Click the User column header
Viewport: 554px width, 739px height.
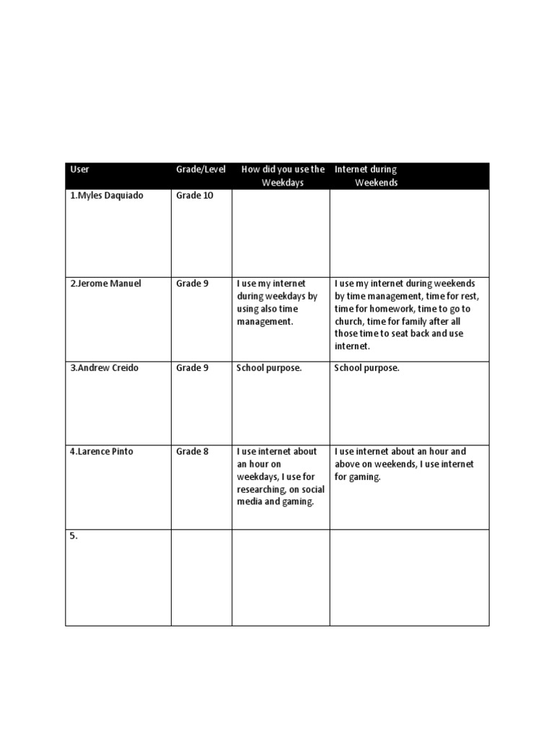click(79, 170)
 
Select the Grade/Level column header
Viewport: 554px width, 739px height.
click(201, 170)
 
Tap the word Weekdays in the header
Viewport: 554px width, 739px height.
click(282, 183)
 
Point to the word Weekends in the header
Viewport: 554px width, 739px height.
click(376, 183)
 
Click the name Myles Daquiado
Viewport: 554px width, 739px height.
click(109, 196)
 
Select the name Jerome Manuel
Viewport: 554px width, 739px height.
click(107, 284)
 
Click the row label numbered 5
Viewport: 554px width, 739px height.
click(74, 536)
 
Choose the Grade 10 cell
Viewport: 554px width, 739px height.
click(195, 196)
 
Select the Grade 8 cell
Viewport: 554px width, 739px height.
click(192, 452)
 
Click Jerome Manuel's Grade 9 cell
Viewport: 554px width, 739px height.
click(192, 284)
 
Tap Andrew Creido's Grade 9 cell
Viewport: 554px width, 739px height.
click(192, 368)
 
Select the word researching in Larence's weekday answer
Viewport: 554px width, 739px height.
click(264, 489)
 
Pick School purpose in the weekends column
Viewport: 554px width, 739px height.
click(366, 368)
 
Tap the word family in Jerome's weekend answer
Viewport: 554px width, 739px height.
click(427, 321)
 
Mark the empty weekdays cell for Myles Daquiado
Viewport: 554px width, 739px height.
click(281, 232)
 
